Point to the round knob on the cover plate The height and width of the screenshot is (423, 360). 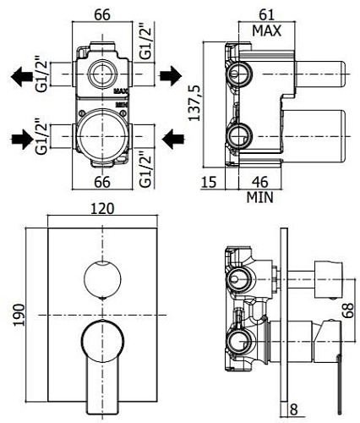click(x=101, y=280)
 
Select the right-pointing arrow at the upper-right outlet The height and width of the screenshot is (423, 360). click(x=171, y=74)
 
